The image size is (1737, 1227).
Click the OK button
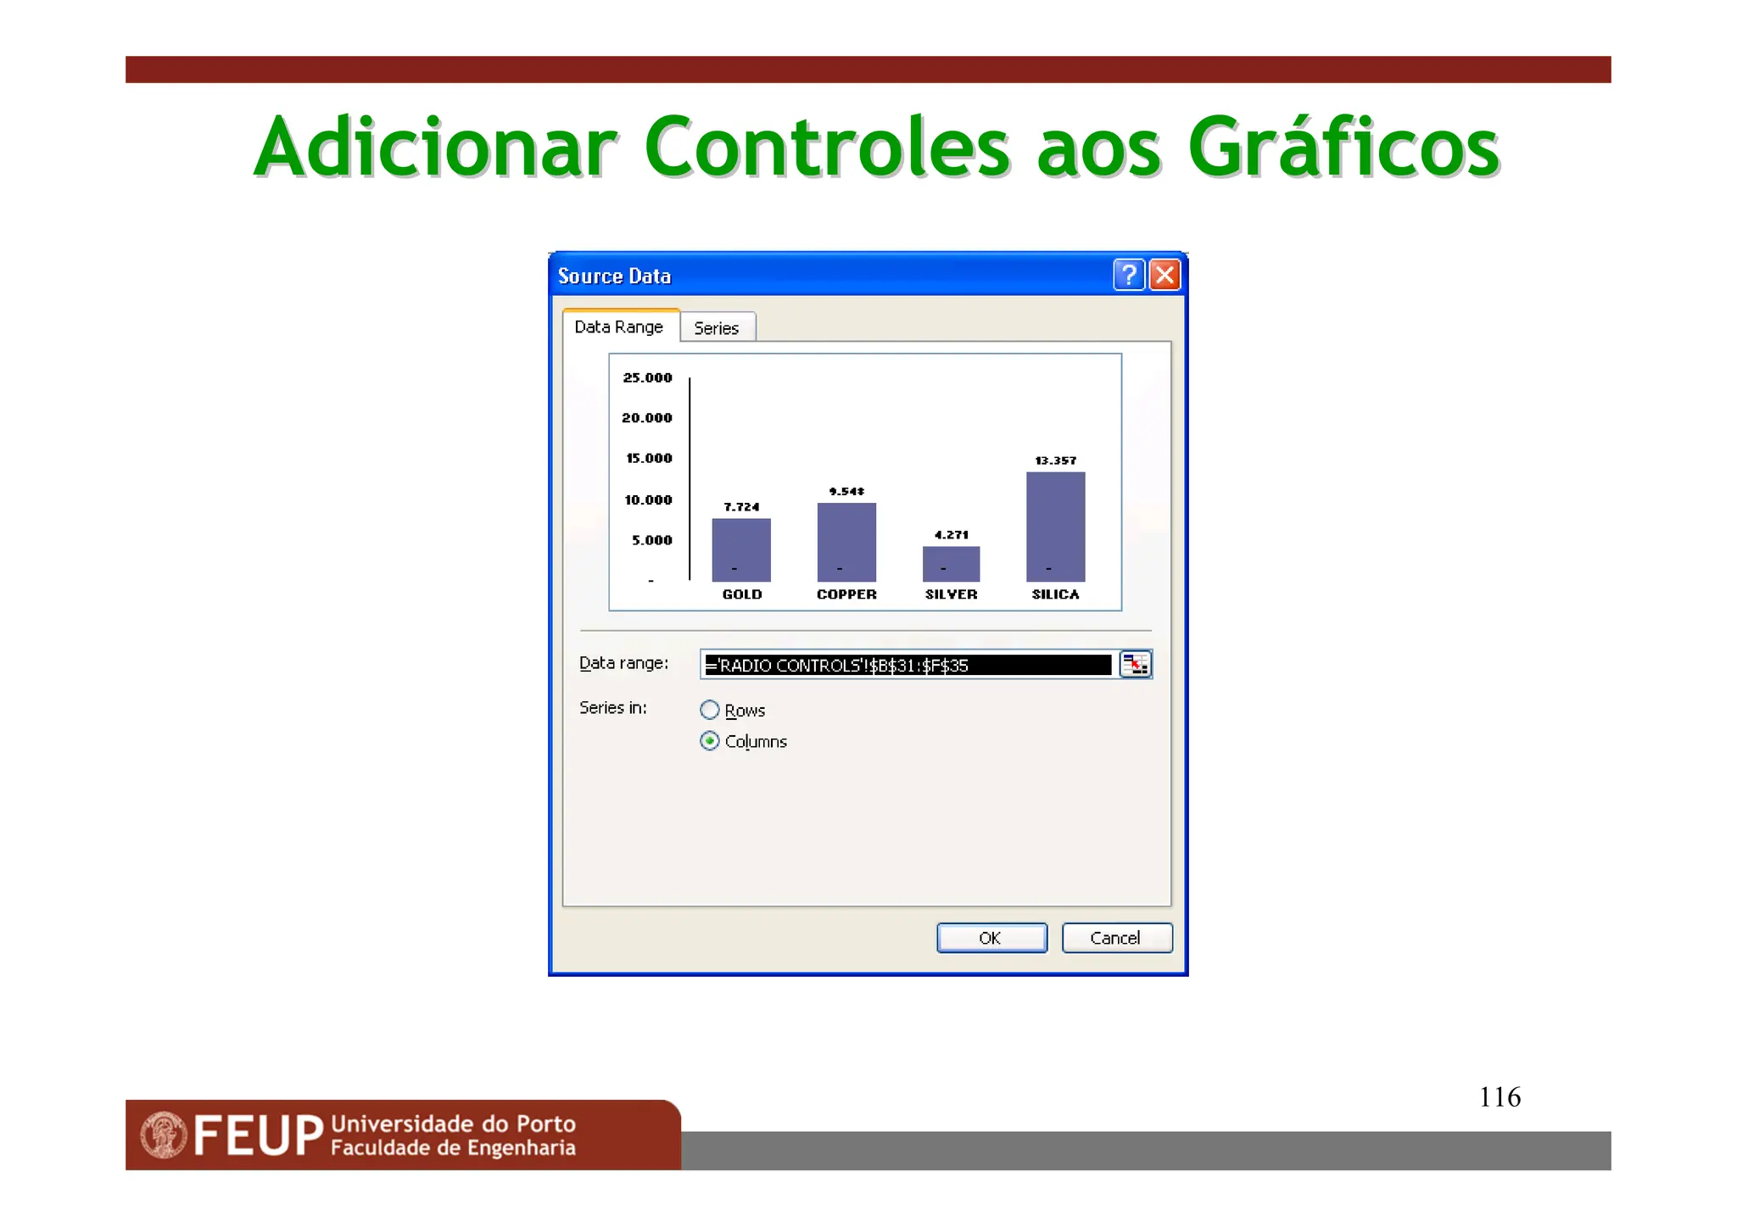tap(991, 938)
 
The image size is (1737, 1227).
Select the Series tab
tap(717, 328)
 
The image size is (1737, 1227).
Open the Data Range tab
tap(619, 327)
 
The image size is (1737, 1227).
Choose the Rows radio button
tap(710, 710)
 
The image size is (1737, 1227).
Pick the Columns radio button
tap(710, 741)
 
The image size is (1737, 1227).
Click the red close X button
tap(1165, 275)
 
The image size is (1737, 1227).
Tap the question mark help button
tap(1129, 275)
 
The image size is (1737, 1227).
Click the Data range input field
tap(908, 665)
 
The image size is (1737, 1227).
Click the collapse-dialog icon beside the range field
tap(1135, 665)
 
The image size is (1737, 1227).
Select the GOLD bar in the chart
tap(741, 549)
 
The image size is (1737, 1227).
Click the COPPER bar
tap(846, 542)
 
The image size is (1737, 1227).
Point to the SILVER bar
tap(951, 564)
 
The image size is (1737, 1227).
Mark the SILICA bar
tap(1055, 527)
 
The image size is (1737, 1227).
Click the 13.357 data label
tap(1055, 460)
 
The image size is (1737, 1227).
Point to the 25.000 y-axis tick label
tap(647, 377)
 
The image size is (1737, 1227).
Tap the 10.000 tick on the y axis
tap(648, 499)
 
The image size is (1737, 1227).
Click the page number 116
tap(1500, 1096)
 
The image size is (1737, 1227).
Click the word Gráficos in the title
tap(1343, 148)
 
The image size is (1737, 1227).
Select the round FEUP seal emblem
tap(164, 1135)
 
